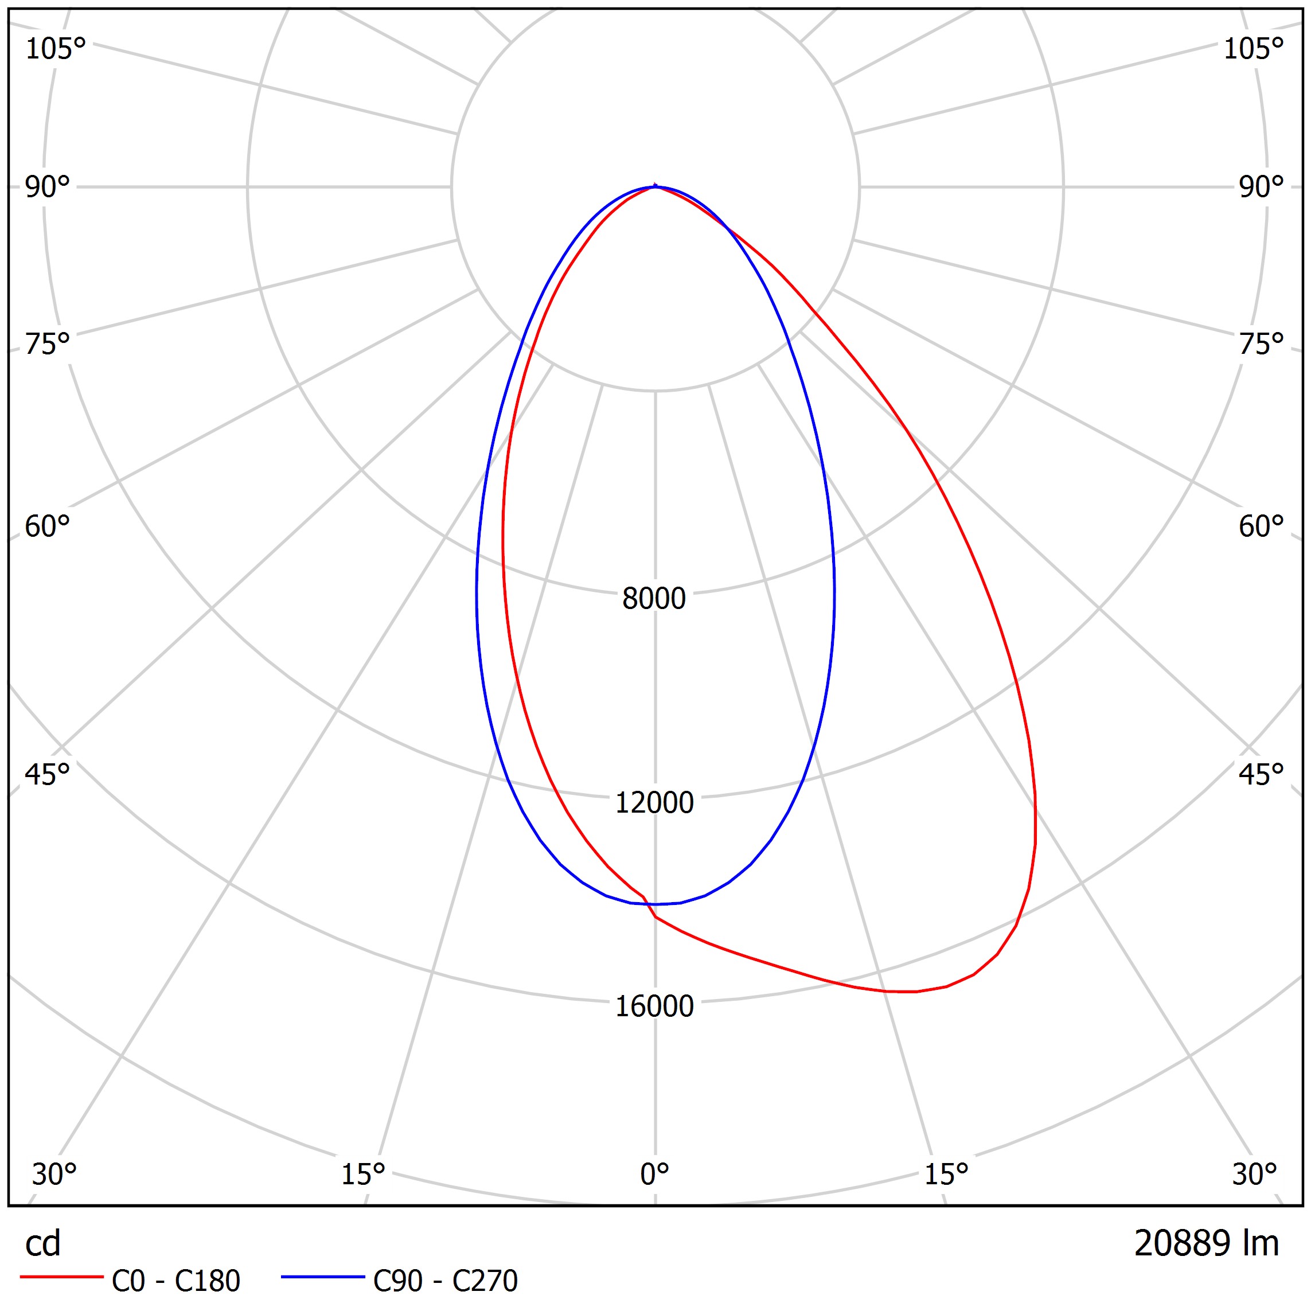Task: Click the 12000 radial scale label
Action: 654,803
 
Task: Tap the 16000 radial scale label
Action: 654,1006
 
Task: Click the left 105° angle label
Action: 56,49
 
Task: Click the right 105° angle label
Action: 1253,49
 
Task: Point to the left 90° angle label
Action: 48,188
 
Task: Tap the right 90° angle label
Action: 1261,188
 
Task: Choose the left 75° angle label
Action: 48,345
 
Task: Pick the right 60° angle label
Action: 1261,527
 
